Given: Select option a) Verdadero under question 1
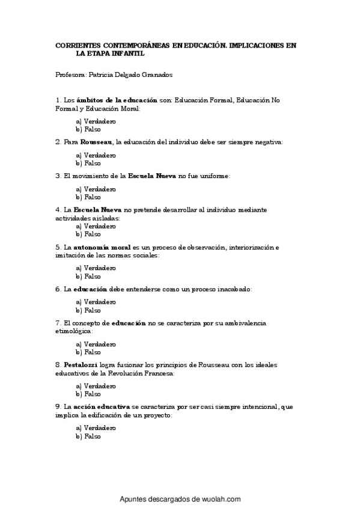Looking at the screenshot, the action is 96,121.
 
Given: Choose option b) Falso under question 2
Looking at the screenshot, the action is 88,162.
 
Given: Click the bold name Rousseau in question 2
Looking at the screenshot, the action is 97,142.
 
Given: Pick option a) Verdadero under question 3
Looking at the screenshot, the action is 96,189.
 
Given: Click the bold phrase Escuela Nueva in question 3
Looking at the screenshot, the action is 152,176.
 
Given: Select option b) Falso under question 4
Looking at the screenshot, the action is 88,234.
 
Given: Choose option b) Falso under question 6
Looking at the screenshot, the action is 88,310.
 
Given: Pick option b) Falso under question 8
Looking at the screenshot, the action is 88,394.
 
